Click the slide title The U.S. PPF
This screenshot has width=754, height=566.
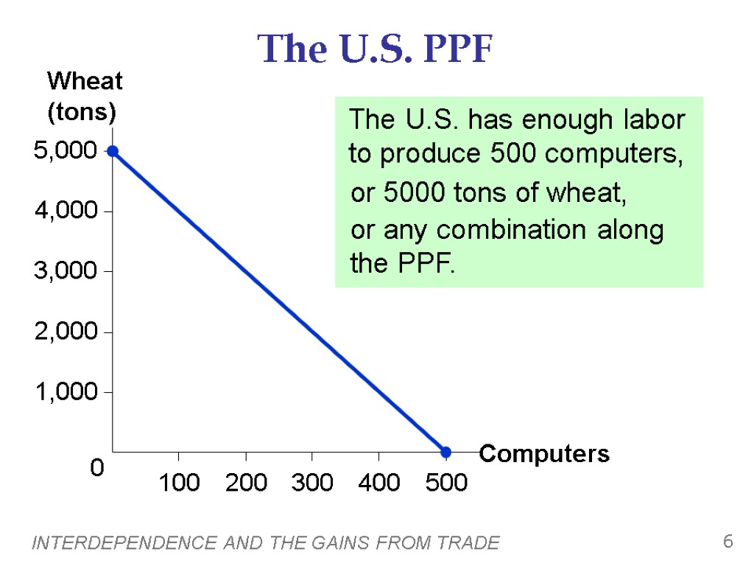click(x=375, y=49)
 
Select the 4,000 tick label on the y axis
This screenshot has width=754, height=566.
click(x=66, y=212)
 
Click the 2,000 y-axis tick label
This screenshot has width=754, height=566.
click(x=66, y=332)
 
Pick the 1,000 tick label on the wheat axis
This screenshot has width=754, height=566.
click(x=66, y=392)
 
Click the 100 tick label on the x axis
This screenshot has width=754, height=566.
click(x=179, y=483)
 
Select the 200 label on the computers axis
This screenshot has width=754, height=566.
click(x=246, y=483)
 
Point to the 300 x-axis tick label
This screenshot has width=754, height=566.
click(x=312, y=483)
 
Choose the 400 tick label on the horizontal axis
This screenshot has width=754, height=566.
click(x=378, y=483)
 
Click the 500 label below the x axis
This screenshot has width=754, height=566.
click(x=446, y=483)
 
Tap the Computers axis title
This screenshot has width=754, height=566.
click(x=544, y=454)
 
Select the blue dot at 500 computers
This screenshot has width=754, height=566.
click(x=445, y=452)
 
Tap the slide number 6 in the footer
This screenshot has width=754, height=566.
click(x=727, y=542)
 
